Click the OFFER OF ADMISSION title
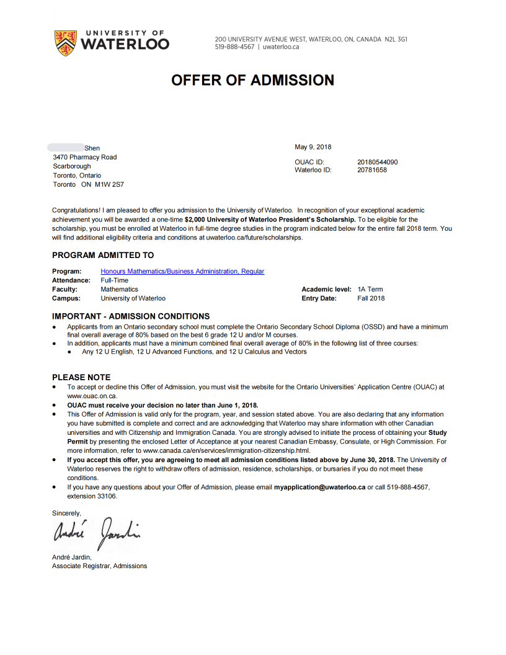[252, 80]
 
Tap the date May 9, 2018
[313, 147]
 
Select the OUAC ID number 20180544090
[378, 163]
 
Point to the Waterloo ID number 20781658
[372, 170]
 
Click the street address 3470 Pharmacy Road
[85, 157]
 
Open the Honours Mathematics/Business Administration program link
[182, 271]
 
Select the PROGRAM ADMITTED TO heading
[103, 255]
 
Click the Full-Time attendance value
[115, 280]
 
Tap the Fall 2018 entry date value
[371, 298]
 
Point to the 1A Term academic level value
[370, 289]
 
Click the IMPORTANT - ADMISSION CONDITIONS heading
[131, 316]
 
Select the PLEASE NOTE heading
[81, 377]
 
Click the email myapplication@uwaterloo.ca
[320, 488]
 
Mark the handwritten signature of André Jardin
[97, 530]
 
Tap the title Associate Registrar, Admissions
[100, 566]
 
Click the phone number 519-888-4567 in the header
[234, 47]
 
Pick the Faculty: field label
[64, 289]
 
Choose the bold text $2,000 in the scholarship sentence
[195, 220]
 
